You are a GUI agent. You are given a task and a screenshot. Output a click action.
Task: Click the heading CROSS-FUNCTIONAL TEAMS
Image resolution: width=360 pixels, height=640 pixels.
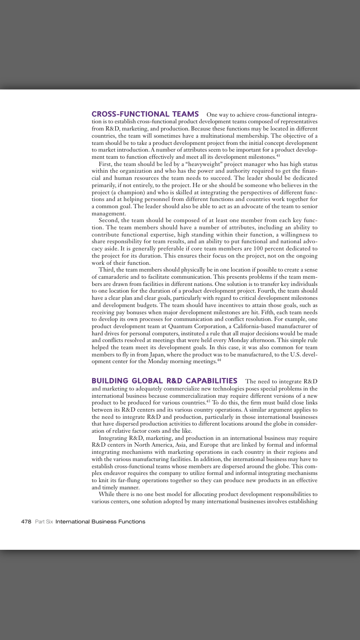(x=145, y=114)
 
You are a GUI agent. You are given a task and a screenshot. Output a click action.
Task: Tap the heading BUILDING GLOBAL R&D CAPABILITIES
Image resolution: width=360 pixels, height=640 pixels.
(x=164, y=381)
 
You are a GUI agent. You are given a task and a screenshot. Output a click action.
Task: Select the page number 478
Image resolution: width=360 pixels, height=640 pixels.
(x=26, y=521)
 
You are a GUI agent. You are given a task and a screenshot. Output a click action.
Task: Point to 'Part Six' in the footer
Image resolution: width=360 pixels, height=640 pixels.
(x=44, y=521)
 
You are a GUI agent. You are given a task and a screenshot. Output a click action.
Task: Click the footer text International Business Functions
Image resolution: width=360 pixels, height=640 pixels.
(x=100, y=521)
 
